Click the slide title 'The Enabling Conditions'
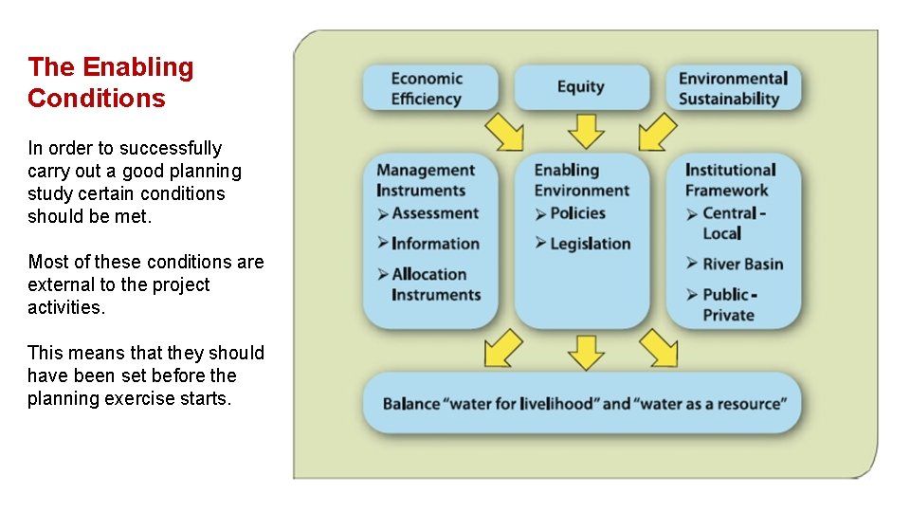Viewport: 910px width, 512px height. pos(110,82)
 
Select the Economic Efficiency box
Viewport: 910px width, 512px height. pos(429,88)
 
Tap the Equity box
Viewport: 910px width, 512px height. pos(581,87)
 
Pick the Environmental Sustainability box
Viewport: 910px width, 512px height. pos(733,88)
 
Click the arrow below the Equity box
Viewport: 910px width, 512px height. pos(585,131)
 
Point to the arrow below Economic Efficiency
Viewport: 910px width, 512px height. pos(505,133)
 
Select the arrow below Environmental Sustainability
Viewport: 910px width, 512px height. pos(658,133)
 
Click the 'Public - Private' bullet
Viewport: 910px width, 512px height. pos(729,304)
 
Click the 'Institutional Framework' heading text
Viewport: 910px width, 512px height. pos(730,180)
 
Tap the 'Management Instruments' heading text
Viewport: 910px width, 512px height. pos(425,180)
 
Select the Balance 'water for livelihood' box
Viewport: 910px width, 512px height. pos(584,404)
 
